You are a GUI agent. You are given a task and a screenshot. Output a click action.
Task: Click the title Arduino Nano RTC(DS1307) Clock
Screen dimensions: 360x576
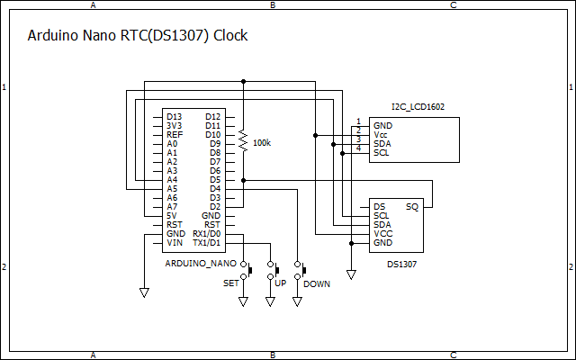point(137,36)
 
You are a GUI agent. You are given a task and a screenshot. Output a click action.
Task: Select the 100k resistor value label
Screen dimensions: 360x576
point(262,143)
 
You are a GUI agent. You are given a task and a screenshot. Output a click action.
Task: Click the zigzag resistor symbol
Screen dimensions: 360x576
point(243,139)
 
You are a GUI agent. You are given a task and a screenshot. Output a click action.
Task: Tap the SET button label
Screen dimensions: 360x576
point(231,283)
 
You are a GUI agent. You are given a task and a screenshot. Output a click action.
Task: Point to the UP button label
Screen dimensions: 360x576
point(280,283)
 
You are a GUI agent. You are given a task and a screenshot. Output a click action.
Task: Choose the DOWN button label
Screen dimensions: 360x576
point(316,283)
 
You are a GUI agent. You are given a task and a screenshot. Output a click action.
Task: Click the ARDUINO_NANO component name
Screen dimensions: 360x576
point(201,264)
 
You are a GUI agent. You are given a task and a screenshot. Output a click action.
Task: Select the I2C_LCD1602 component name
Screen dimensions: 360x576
point(418,107)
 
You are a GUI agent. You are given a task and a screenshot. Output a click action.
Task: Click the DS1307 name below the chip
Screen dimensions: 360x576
point(401,265)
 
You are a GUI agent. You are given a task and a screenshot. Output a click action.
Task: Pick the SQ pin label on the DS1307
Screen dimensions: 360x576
point(412,206)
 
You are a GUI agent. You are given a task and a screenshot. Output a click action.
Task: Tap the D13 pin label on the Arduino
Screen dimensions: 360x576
point(174,116)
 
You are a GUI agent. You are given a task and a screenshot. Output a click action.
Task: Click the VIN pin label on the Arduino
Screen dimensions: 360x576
point(175,242)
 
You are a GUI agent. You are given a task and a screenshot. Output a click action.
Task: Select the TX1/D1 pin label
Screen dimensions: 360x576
point(206,242)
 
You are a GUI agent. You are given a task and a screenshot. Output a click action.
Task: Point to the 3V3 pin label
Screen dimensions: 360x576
point(175,125)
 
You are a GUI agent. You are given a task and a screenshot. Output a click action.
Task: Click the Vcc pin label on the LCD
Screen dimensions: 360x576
point(381,134)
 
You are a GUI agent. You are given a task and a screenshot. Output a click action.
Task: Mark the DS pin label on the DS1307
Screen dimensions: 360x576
point(379,206)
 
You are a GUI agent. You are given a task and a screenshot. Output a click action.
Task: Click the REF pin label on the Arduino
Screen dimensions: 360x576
point(175,134)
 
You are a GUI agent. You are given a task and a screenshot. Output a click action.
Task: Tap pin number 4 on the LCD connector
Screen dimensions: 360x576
point(357,148)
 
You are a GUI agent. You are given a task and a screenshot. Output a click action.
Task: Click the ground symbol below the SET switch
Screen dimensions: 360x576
point(243,302)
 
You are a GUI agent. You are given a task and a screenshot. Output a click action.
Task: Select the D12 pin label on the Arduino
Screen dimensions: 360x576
point(212,116)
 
